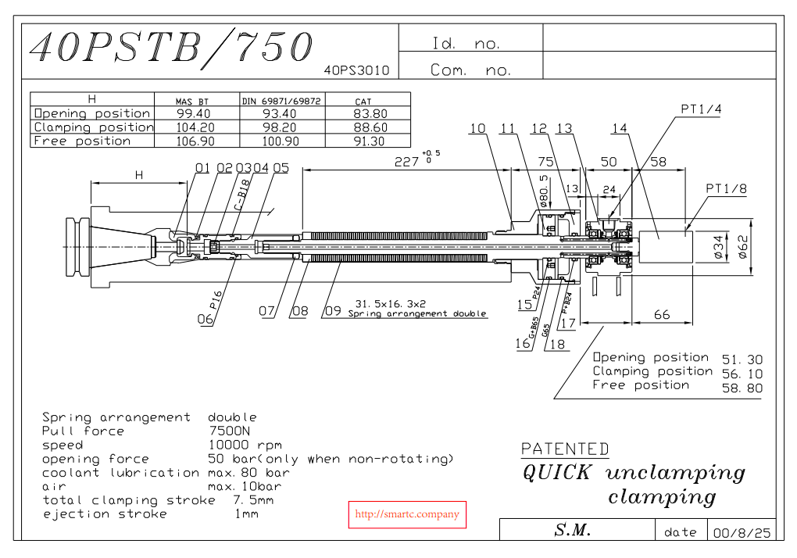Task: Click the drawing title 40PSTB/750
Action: pos(171,48)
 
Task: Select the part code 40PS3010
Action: pos(356,70)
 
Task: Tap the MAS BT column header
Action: pos(191,102)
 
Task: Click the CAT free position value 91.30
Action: pos(370,141)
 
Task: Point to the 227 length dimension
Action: pos(407,161)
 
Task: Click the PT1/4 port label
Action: pos(701,109)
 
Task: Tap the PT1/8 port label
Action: pos(726,189)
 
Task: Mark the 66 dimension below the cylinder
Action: pos(662,314)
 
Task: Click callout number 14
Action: pos(620,129)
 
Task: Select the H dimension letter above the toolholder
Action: pos(139,176)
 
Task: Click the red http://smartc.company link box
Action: pos(406,514)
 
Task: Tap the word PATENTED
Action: pos(565,449)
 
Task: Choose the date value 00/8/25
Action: pos(741,532)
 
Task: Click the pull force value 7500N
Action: pos(231,431)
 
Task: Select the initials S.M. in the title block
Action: pos(573,530)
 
